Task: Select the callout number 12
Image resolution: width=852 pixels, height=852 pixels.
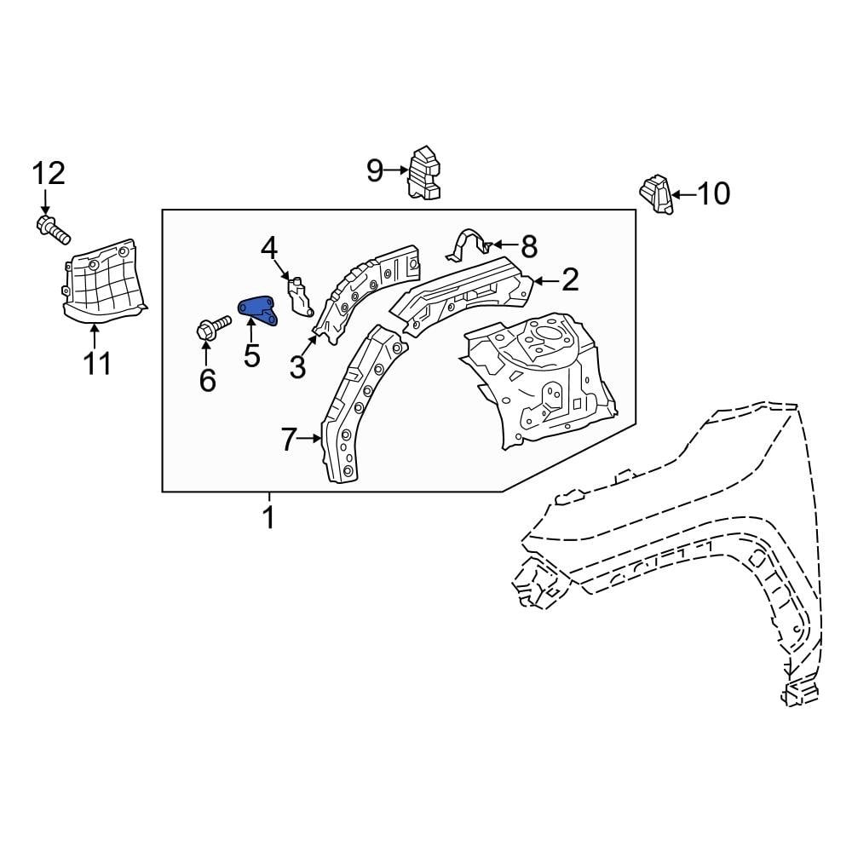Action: point(49,174)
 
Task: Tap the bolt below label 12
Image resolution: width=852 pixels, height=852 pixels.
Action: point(53,228)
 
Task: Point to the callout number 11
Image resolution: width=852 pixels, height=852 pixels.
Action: point(97,364)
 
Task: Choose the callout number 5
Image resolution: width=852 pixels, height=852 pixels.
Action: point(252,355)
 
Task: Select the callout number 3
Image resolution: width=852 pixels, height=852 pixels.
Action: point(296,367)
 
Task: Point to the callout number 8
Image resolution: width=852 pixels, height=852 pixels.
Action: point(529,247)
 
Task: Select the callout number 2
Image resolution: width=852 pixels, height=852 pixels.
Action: point(569,279)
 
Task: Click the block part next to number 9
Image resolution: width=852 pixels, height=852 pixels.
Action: point(425,175)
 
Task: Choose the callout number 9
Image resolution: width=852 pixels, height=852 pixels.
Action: point(375,171)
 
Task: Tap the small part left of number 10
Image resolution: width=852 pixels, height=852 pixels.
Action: point(656,194)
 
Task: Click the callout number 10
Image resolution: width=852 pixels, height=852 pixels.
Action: point(714,194)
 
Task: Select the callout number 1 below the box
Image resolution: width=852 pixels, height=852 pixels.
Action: point(268,517)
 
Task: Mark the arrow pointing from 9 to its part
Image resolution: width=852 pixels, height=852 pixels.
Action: point(397,171)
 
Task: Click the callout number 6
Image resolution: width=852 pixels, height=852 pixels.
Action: point(207,380)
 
